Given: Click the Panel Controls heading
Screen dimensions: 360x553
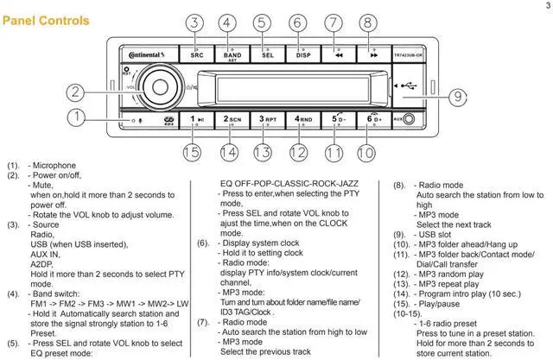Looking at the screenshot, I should (x=46, y=19).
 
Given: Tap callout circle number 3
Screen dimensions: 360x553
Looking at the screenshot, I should (x=196, y=24).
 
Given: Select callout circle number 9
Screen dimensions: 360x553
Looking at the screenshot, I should (x=456, y=98).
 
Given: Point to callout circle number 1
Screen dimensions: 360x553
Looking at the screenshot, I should (x=78, y=116).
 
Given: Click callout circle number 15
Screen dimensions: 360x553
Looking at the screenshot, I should (x=192, y=153).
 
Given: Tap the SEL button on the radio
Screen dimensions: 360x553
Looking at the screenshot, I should (x=268, y=54).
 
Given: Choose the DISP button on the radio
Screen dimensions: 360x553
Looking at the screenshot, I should (x=302, y=54).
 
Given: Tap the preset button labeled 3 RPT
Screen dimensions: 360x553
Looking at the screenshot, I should (x=267, y=120).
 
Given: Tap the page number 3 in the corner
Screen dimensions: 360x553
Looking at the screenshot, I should (x=548, y=6).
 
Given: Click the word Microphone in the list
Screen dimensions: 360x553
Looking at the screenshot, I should (x=54, y=165).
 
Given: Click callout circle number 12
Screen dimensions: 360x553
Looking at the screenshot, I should (x=298, y=153).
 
